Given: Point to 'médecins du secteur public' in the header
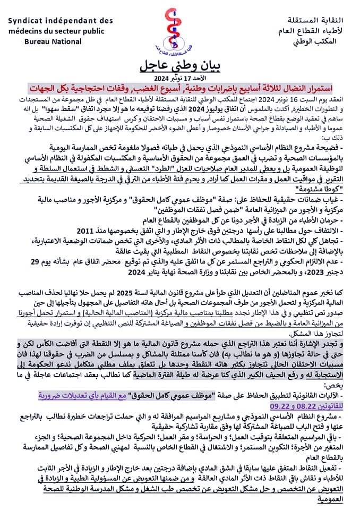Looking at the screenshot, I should pyautogui.click(x=56, y=31).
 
